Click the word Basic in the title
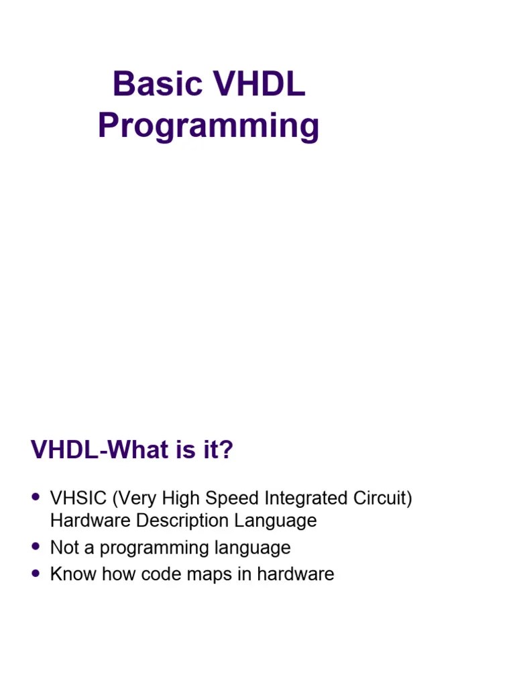coord(157,85)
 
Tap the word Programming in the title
coord(209,127)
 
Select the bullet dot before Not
coord(36,547)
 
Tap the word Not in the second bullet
coord(65,547)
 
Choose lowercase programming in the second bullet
coord(152,548)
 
